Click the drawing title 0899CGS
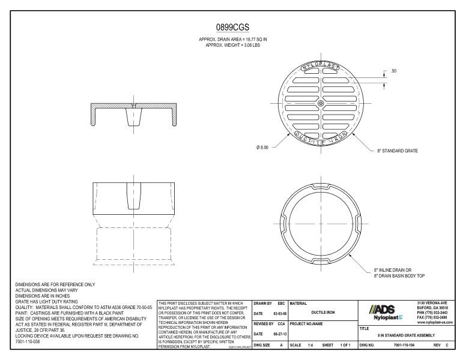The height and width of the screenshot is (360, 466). coord(232,28)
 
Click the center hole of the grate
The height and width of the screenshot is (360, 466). coord(321,104)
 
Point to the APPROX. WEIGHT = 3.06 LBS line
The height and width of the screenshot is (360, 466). coord(232,44)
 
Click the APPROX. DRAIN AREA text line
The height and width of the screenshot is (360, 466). coord(232,39)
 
